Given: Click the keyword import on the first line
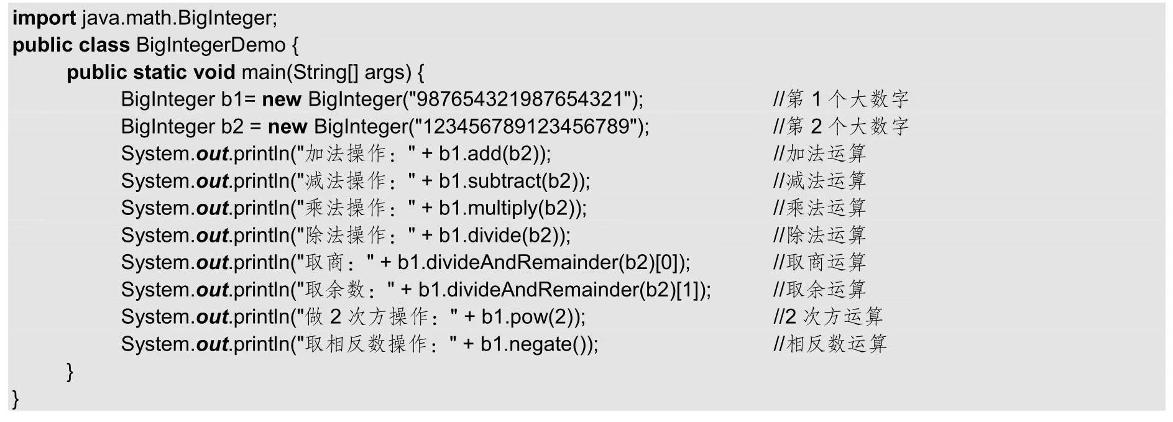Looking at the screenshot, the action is tap(44, 18).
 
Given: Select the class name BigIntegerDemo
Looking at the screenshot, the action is tap(210, 45).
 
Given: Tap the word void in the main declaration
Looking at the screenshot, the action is tap(214, 73).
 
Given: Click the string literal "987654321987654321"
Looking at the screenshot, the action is tap(520, 99).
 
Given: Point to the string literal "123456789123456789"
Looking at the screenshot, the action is tap(526, 127).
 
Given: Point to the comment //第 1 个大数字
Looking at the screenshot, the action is tap(840, 99).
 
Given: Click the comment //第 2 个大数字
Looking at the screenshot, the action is tap(840, 127).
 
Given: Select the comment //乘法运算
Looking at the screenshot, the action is tap(819, 208).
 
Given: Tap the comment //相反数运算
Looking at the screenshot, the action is tap(830, 344).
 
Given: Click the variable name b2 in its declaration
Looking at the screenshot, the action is tap(232, 127).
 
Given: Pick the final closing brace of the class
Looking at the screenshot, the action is tap(16, 398).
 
